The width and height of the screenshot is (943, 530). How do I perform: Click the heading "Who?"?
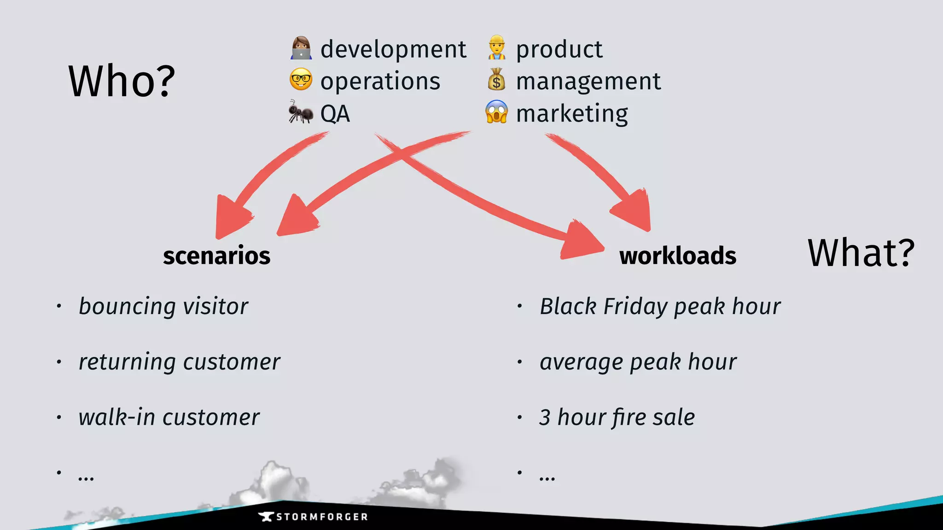coord(122,81)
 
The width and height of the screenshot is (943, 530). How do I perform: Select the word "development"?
coord(393,49)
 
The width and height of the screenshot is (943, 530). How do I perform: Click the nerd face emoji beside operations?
coord(301,80)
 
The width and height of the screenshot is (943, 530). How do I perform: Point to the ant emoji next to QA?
coord(300,112)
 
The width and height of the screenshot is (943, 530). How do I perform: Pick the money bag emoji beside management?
coord(496,80)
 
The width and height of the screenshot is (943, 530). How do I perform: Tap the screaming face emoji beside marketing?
coord(496,112)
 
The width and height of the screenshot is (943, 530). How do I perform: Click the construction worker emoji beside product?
coord(496,48)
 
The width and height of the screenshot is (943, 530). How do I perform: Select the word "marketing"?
coord(572,114)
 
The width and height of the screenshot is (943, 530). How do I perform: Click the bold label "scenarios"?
coord(216,256)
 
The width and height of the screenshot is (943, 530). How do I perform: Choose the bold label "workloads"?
coord(677,256)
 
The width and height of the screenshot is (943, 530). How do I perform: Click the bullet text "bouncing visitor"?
coord(163,306)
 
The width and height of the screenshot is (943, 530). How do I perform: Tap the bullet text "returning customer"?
coord(179,362)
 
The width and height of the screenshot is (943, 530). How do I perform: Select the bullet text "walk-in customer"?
coord(169,417)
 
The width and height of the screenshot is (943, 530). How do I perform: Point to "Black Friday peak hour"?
coord(660,306)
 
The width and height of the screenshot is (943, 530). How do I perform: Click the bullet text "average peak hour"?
coord(638,362)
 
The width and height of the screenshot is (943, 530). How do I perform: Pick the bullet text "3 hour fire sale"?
coord(617,417)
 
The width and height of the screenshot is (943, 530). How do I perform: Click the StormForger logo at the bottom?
coord(313,517)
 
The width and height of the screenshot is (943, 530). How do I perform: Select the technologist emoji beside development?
coord(301,48)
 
